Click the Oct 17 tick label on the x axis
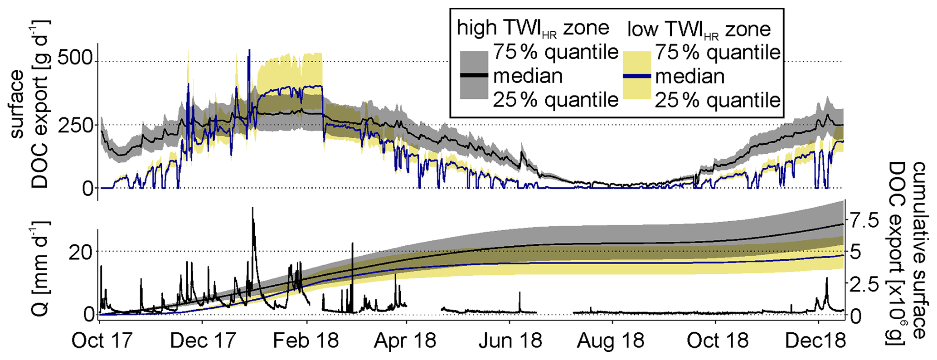(x=102, y=341)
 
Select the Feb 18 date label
(x=306, y=341)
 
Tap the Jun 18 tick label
(x=510, y=341)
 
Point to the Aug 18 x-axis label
(x=611, y=341)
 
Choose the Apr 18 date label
(x=405, y=341)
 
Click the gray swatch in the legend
(x=474, y=75)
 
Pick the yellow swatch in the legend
(x=637, y=75)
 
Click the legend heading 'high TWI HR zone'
(x=533, y=29)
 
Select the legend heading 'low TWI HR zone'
(x=699, y=29)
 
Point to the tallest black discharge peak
(x=252, y=208)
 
